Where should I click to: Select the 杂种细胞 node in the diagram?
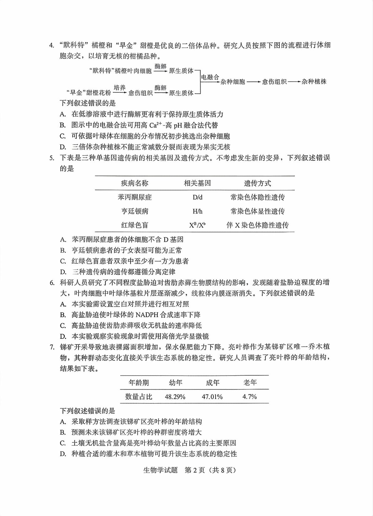point(233,82)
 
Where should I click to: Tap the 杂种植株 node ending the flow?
point(314,82)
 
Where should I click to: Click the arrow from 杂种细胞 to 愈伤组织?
point(254,82)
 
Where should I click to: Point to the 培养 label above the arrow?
point(120,88)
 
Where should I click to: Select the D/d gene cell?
point(197,197)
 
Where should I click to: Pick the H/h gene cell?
point(197,211)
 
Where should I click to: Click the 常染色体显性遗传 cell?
point(258,211)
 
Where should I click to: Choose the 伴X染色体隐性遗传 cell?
point(258,225)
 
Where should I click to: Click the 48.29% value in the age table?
point(175,397)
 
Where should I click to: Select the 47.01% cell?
point(212,397)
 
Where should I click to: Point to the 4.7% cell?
point(250,397)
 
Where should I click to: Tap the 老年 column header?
point(250,382)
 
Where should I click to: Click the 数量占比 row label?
point(139,397)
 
